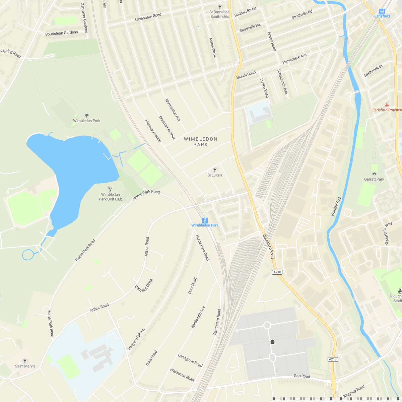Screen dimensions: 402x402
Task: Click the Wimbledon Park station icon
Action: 205,220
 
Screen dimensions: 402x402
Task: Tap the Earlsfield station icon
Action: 382,11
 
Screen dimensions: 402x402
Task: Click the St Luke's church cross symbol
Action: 215,170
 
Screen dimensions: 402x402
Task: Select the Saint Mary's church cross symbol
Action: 25,361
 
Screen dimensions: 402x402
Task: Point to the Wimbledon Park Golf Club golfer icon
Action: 110,190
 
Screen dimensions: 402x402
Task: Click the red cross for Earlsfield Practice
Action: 387,105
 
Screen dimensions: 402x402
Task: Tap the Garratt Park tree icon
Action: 374,174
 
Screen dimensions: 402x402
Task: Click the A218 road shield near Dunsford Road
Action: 277,272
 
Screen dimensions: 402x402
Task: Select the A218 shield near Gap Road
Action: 333,359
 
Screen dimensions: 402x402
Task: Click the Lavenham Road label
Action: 148,17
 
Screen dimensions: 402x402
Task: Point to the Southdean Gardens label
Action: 62,33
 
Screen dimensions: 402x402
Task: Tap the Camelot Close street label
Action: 144,285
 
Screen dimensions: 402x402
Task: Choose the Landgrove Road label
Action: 190,360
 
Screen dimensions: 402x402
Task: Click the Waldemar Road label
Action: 182,375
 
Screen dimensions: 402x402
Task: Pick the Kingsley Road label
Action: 354,392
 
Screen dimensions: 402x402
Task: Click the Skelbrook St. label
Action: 374,71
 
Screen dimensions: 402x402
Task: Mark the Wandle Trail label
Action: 336,206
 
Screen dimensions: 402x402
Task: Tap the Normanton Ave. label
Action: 173,110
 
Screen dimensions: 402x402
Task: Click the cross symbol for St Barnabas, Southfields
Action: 220,7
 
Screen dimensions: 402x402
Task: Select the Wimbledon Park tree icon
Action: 87,116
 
